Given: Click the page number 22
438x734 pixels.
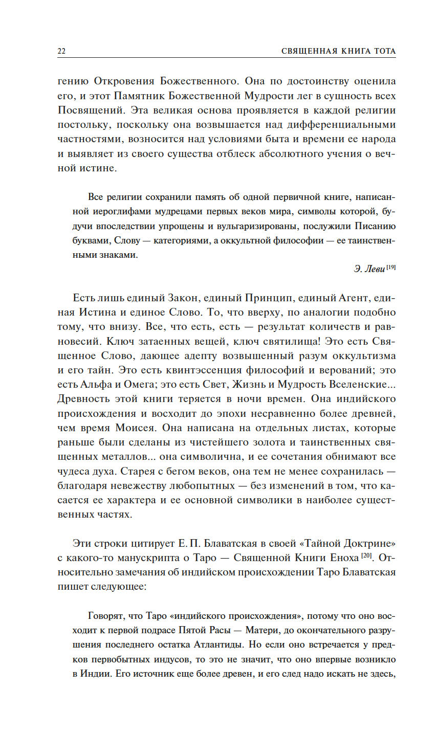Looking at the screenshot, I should [x=61, y=51].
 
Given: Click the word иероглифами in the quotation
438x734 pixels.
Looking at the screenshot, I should [x=116, y=211].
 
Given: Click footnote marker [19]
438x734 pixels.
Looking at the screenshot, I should [x=391, y=267].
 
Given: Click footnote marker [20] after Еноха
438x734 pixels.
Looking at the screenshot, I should [x=366, y=555].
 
